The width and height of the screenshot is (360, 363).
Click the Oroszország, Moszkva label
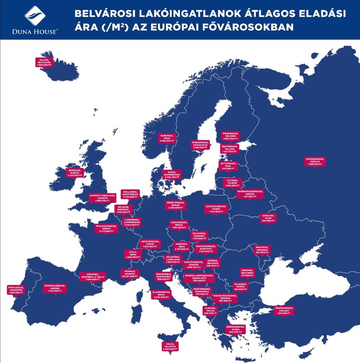[315, 161]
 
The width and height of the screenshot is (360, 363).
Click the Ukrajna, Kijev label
[268, 218]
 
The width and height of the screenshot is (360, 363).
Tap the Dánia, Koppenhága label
[172, 174]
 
